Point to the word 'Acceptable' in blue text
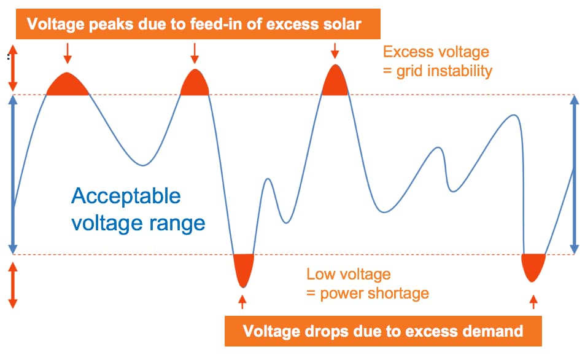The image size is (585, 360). (126, 196)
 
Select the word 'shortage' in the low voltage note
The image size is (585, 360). (397, 292)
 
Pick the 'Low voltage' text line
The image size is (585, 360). (348, 274)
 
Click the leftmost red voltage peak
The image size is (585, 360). (68, 85)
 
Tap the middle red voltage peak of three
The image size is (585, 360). (195, 84)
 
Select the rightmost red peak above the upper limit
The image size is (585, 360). (335, 82)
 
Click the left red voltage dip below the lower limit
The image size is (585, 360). (244, 267)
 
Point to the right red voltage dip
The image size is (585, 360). (533, 265)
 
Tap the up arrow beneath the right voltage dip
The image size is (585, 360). (533, 301)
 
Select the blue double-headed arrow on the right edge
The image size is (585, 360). (574, 174)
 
